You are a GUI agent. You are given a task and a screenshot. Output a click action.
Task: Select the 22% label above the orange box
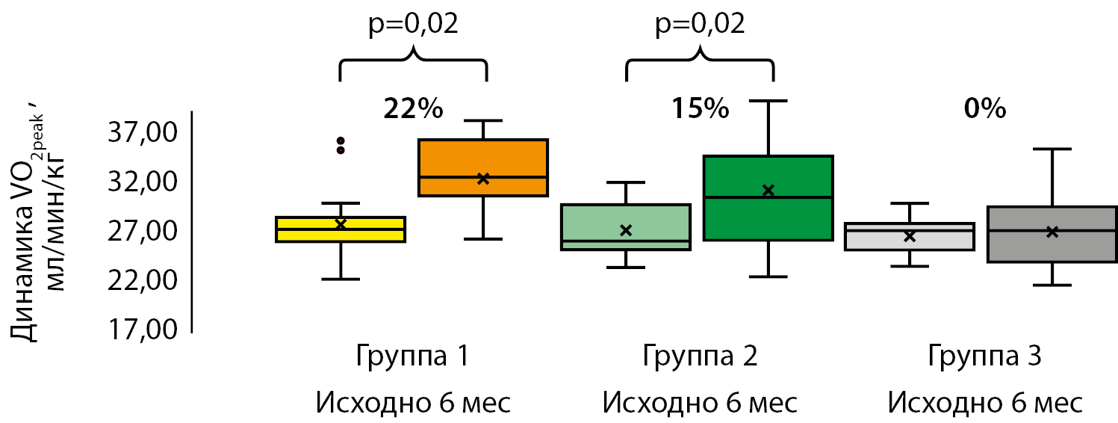click(x=413, y=109)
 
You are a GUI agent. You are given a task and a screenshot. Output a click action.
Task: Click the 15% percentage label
click(x=699, y=109)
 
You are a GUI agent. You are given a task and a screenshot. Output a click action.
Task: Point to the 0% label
click(x=984, y=109)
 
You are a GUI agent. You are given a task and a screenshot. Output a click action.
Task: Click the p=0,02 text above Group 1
click(x=413, y=24)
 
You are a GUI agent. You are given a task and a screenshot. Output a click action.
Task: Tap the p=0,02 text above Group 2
click(x=700, y=24)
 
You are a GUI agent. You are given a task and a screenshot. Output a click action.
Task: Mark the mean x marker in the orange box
click(x=483, y=179)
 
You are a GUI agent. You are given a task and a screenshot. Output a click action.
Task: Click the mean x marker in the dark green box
click(x=768, y=191)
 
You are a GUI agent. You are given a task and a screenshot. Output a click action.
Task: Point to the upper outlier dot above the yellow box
click(x=341, y=141)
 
